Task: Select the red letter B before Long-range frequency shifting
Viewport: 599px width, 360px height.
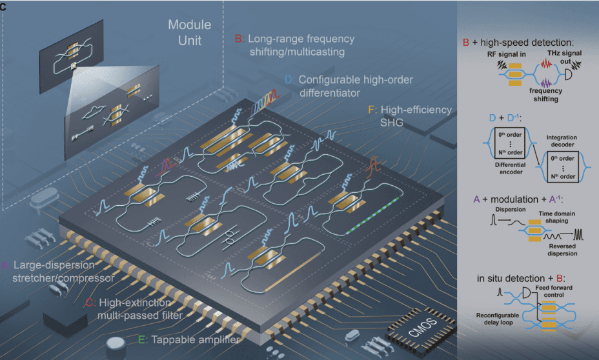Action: pyautogui.click(x=238, y=39)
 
